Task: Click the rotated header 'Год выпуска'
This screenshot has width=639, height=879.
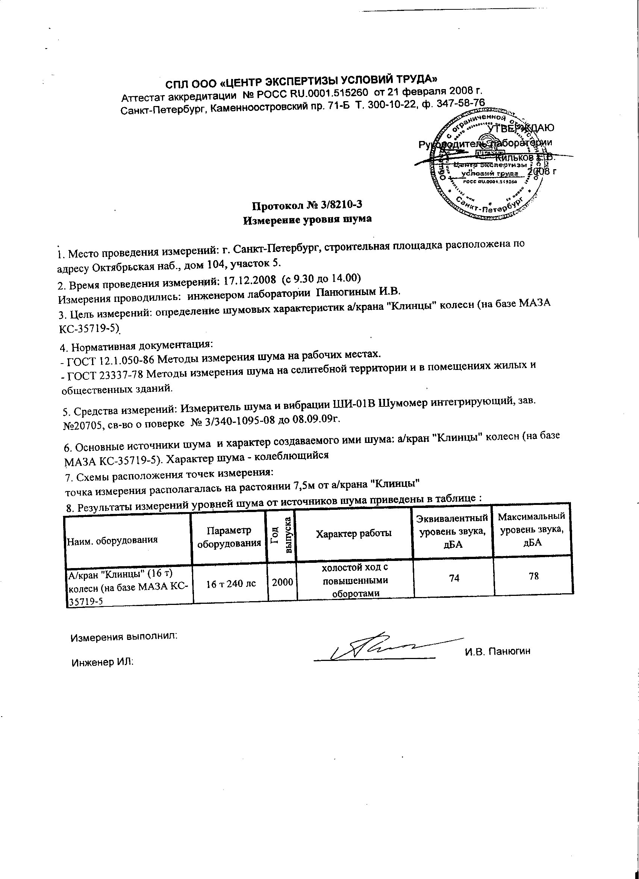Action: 282,534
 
